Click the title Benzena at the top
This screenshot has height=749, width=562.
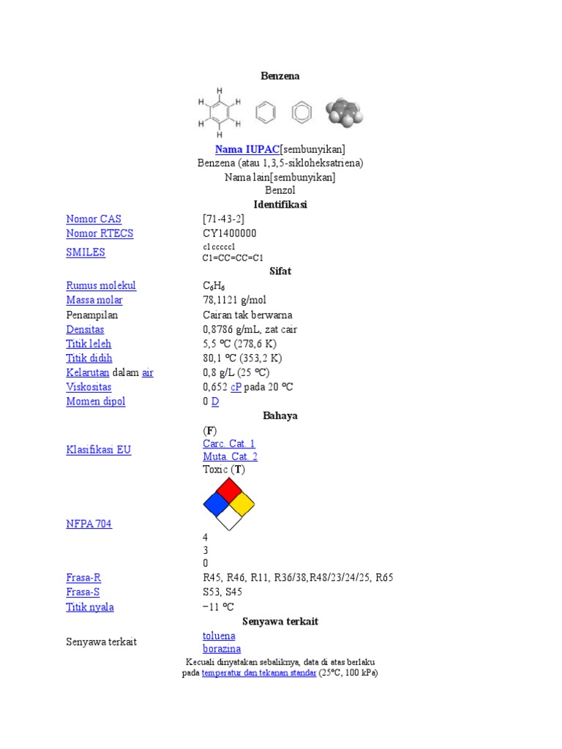pyautogui.click(x=280, y=76)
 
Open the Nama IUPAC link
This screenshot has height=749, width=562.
pyautogui.click(x=247, y=149)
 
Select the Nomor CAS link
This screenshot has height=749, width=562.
pyautogui.click(x=94, y=219)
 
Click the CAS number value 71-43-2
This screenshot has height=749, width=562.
pyautogui.click(x=224, y=219)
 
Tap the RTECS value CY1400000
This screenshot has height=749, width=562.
pyautogui.click(x=230, y=233)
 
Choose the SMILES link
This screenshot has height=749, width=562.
pyautogui.click(x=86, y=252)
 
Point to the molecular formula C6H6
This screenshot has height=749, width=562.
pyautogui.click(x=216, y=286)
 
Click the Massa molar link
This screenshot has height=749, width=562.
pyautogui.click(x=94, y=300)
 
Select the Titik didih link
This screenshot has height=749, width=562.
pyautogui.click(x=89, y=358)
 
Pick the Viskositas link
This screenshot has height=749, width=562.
pyautogui.click(x=89, y=387)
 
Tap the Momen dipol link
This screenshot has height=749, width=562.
pyautogui.click(x=96, y=402)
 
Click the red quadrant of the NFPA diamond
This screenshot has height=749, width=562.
pyautogui.click(x=229, y=490)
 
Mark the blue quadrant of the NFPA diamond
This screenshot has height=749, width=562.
pyautogui.click(x=216, y=503)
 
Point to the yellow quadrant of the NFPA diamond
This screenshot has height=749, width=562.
pyautogui.click(x=241, y=503)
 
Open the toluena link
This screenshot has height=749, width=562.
pyautogui.click(x=219, y=636)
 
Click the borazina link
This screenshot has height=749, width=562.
pyautogui.click(x=222, y=649)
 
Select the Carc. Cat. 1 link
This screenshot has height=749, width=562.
pyautogui.click(x=229, y=444)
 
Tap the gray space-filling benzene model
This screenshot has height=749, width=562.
pyautogui.click(x=344, y=113)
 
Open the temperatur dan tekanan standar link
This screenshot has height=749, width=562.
pyautogui.click(x=259, y=673)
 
